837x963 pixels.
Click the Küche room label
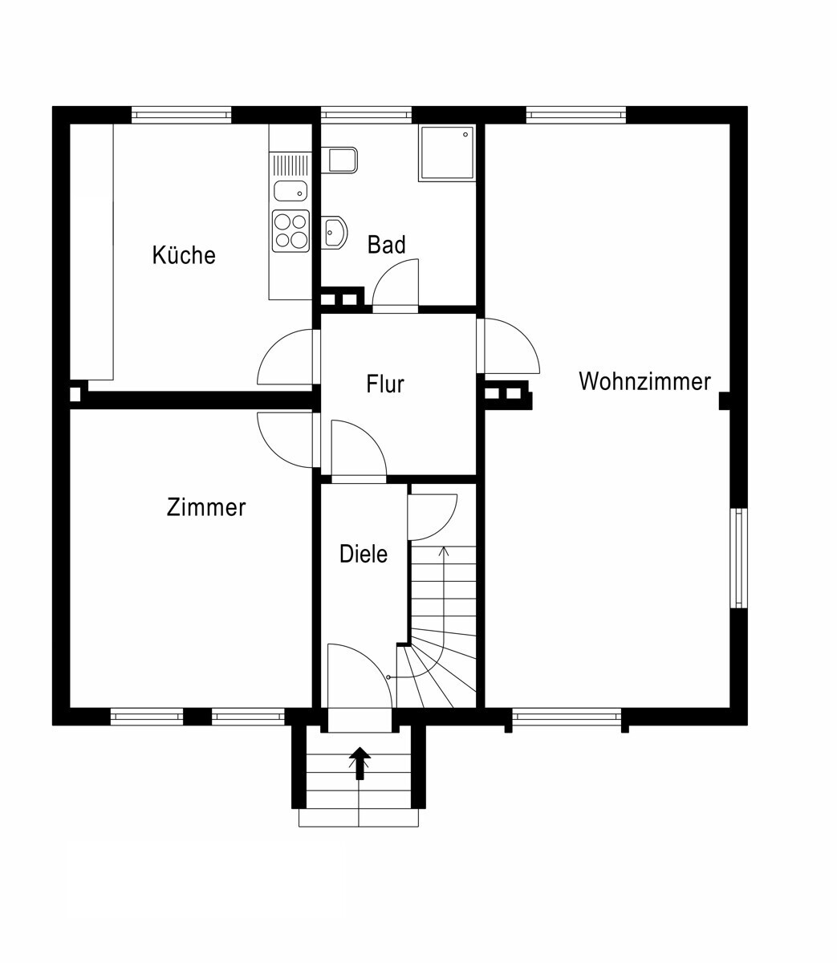(184, 254)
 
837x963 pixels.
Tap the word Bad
(386, 244)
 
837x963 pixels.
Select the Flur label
(385, 384)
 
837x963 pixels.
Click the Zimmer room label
(206, 507)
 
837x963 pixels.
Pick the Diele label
(364, 554)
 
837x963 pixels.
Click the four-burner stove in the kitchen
(291, 230)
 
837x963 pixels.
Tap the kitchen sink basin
(291, 191)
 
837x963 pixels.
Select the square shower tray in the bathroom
(446, 153)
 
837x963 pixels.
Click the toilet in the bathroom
(339, 160)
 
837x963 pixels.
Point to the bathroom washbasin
(335, 232)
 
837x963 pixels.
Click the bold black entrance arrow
(360, 763)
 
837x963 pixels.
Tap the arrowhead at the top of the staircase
(443, 551)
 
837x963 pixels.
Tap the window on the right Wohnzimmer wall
(738, 559)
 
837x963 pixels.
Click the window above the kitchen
(181, 115)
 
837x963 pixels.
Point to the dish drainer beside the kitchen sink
(291, 165)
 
